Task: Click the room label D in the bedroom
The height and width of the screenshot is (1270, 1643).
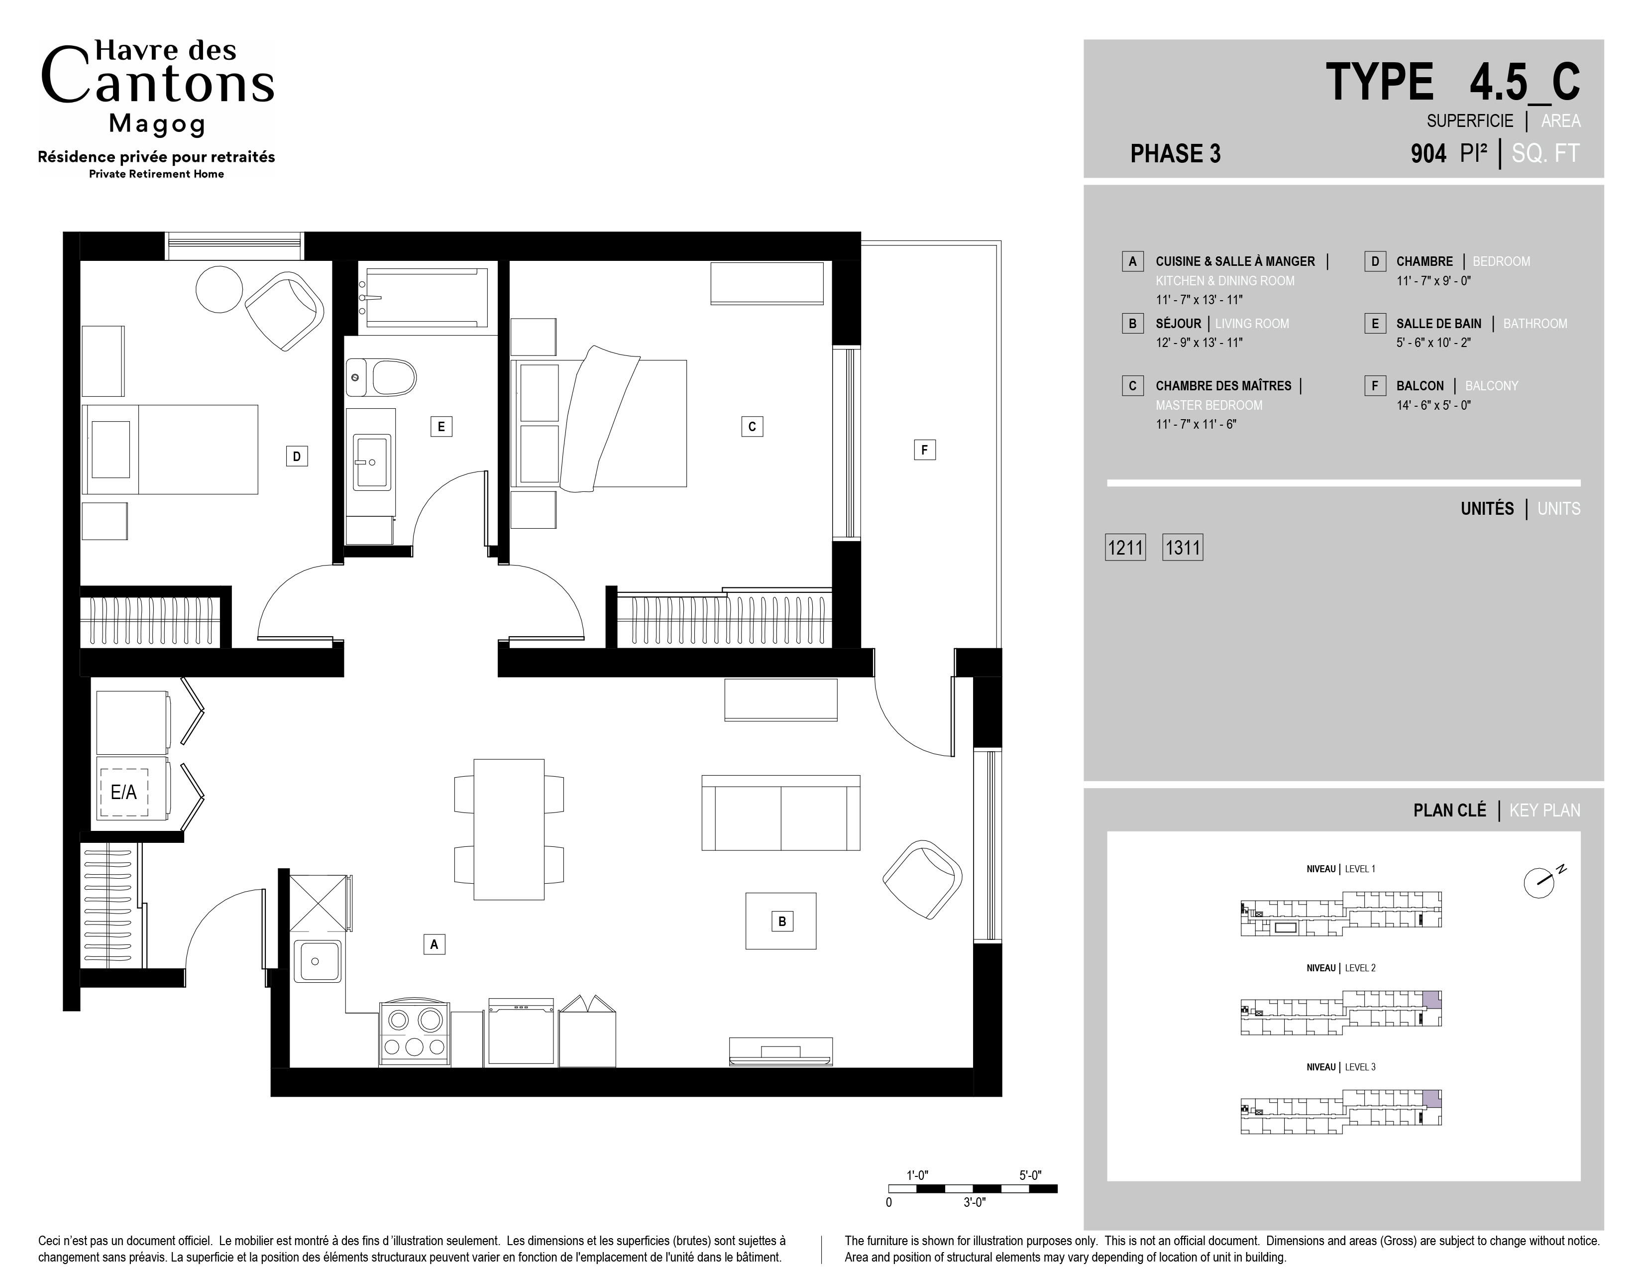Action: (x=297, y=456)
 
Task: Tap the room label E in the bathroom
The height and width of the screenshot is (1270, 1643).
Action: (x=441, y=427)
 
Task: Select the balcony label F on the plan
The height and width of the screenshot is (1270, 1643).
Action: (x=925, y=450)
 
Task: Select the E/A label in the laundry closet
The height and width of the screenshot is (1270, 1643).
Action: (x=124, y=792)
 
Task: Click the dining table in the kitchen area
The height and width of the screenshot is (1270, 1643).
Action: (x=509, y=829)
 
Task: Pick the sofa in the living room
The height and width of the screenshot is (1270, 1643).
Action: (x=781, y=812)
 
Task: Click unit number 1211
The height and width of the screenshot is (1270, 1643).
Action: (x=1125, y=548)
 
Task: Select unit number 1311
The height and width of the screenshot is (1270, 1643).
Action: (x=1183, y=548)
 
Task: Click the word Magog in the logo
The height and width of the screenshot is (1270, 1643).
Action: (x=157, y=124)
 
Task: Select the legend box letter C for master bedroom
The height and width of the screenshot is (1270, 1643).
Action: (x=1132, y=386)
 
